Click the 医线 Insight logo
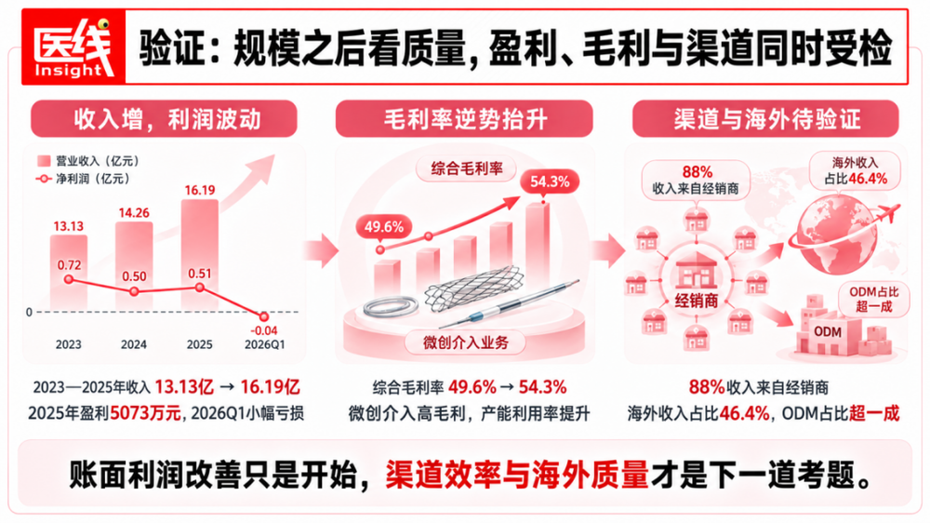point(73,47)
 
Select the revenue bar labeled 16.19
point(199,254)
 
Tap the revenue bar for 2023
point(68,272)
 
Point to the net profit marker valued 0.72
point(69,279)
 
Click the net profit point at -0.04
point(264,316)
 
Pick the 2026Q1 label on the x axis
point(264,345)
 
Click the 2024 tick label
point(134,345)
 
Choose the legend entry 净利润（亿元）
point(83,179)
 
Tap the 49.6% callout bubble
point(384,227)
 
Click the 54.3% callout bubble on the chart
point(550,181)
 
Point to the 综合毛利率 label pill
point(466,168)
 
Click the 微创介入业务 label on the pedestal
point(466,342)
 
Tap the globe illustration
point(836,235)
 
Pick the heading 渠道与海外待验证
point(765,119)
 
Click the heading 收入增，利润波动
point(165,119)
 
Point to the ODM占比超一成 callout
point(873,300)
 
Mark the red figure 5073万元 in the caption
point(145,412)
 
